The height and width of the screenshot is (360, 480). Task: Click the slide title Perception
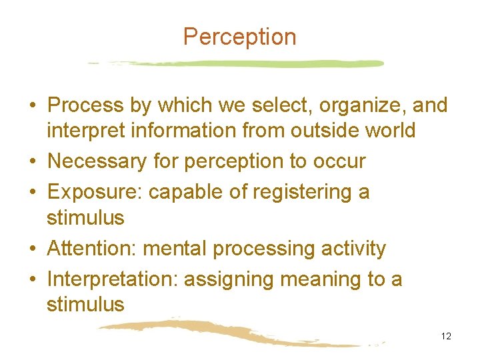(239, 37)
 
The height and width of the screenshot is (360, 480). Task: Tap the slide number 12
(446, 336)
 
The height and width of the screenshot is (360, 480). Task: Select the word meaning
(313, 279)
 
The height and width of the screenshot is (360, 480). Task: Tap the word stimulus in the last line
(85, 305)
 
